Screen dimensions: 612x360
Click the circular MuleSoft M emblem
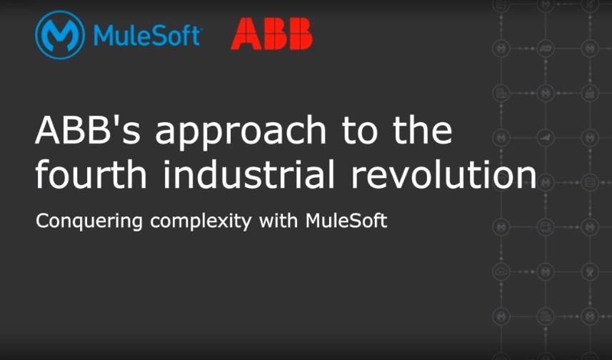coord(60,35)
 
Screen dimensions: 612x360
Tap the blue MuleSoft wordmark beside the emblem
coord(147,36)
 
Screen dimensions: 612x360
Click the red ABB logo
coord(271,34)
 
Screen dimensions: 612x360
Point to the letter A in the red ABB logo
coord(246,34)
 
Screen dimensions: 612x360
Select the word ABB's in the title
coord(87,130)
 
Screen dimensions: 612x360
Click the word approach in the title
coord(241,133)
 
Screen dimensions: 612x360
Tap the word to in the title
coord(359,131)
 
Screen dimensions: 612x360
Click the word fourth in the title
coord(91,174)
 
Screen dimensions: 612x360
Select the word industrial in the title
coord(249,174)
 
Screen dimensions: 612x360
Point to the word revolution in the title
coord(443,174)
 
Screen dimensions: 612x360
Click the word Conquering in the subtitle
coord(89,221)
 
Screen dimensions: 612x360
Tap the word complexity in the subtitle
coord(201,221)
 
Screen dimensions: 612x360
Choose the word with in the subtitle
coord(279,220)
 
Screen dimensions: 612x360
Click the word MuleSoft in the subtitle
coord(346,220)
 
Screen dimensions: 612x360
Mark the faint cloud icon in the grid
coord(501,271)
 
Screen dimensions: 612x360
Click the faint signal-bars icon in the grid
coord(546,137)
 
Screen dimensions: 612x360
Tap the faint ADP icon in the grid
coord(546,49)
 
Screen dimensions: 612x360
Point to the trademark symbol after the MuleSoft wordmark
coord(200,29)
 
